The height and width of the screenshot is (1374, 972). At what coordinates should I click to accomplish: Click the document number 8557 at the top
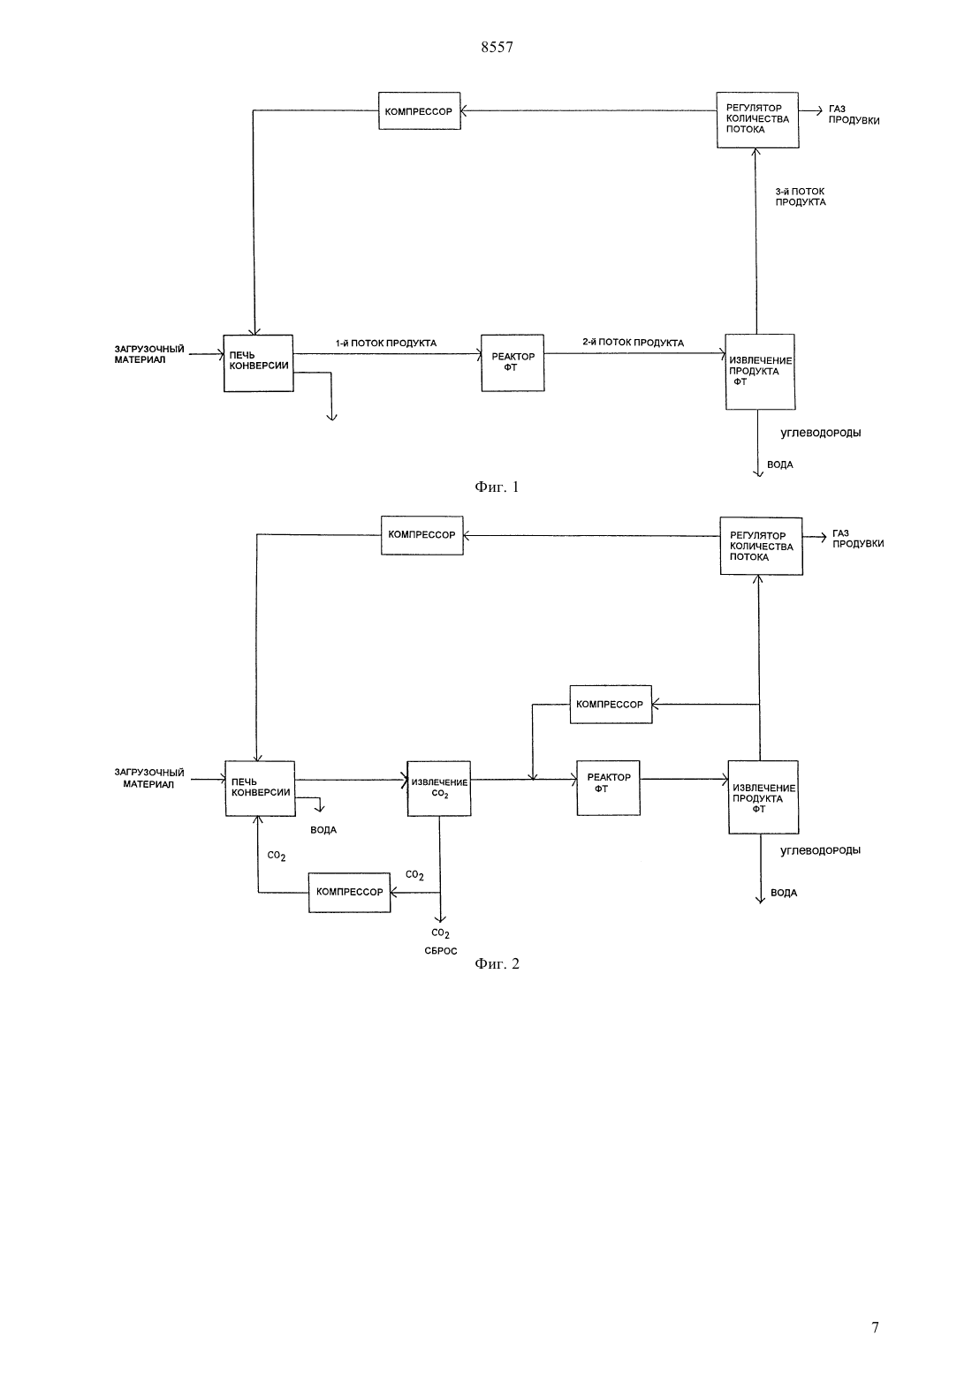click(497, 47)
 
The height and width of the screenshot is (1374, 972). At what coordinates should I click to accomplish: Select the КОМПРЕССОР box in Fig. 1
click(419, 111)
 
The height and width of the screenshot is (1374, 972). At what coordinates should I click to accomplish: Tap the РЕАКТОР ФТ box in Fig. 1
click(513, 363)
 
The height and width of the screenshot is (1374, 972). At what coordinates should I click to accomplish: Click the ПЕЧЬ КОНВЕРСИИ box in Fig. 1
click(258, 363)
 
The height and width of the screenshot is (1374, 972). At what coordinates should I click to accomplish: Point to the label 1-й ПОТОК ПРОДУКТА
click(386, 343)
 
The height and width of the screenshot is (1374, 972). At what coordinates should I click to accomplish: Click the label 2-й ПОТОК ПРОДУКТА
click(634, 343)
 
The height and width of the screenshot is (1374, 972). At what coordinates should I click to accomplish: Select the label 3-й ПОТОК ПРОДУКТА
click(801, 197)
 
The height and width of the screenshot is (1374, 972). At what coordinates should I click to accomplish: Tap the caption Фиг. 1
click(497, 487)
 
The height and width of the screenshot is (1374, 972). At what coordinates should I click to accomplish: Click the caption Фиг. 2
click(497, 963)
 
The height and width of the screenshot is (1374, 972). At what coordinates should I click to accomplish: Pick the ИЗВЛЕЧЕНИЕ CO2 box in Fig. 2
click(439, 789)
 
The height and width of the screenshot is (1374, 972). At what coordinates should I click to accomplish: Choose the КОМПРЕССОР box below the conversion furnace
click(349, 893)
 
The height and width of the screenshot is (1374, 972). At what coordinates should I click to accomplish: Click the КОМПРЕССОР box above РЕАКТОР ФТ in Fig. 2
click(611, 704)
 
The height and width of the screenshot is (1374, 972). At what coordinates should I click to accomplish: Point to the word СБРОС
click(441, 951)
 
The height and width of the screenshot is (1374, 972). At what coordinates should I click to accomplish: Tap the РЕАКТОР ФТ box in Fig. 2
click(608, 789)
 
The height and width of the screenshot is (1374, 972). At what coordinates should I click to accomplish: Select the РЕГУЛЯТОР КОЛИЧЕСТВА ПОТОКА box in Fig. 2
click(761, 546)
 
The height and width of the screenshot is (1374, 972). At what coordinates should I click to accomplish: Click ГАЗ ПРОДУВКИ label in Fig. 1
click(854, 115)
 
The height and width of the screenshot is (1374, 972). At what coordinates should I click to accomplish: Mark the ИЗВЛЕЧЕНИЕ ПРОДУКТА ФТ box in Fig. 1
click(760, 372)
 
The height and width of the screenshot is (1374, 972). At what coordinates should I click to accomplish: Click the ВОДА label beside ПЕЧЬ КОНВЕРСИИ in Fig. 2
click(323, 830)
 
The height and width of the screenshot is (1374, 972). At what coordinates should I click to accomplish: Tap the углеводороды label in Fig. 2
click(820, 850)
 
